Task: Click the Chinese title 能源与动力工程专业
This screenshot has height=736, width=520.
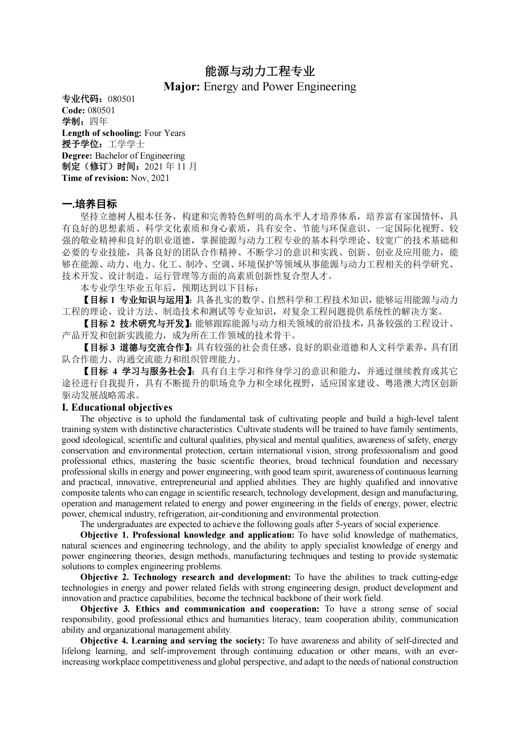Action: pos(260,71)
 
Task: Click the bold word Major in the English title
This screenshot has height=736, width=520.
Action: pos(181,87)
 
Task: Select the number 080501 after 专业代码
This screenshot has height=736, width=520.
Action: pos(121,99)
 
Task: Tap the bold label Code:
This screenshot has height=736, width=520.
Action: pos(73,110)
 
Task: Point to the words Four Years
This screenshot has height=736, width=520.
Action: pos(165,133)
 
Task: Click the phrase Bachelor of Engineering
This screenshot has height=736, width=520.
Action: pos(140,156)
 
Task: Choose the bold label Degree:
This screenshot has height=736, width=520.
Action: pos(77,156)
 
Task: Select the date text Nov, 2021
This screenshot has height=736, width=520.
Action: pos(150,178)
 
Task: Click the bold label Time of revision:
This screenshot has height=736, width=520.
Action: pos(95,178)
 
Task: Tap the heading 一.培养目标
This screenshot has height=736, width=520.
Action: pos(89,204)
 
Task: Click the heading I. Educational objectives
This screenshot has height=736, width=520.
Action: pos(117,407)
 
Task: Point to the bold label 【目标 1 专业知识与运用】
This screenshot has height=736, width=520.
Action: pos(136,300)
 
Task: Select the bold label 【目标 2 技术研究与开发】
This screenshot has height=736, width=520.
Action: pos(136,323)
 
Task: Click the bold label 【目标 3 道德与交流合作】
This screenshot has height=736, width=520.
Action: pos(136,347)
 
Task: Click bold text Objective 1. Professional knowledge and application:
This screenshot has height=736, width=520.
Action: pos(187,535)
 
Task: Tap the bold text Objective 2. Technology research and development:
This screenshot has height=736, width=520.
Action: pos(185,577)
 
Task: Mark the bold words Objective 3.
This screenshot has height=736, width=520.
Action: pos(105,609)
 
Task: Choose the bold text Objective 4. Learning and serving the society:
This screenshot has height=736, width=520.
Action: pos(172,641)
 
